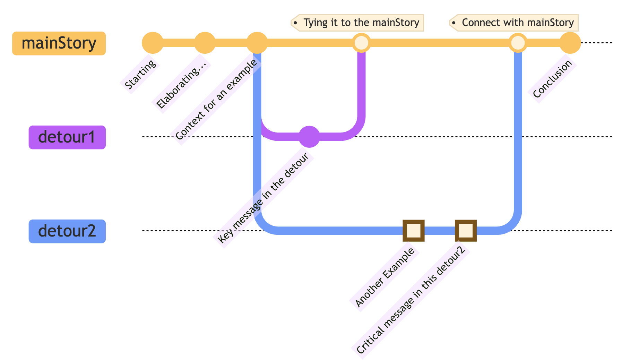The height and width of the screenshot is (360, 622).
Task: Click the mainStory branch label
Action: click(x=59, y=43)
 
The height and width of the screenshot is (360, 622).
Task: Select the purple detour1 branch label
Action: click(x=67, y=137)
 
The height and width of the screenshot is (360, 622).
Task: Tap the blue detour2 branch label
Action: click(x=67, y=231)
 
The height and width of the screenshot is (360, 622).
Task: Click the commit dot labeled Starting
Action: click(x=153, y=43)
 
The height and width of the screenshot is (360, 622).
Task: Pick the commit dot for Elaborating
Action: click(x=205, y=43)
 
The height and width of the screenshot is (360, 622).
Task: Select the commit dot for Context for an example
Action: click(x=257, y=43)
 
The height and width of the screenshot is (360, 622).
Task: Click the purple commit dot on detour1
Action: click(x=309, y=137)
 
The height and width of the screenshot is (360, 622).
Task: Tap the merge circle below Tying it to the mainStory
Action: click(x=361, y=43)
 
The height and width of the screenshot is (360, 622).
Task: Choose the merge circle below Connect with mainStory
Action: click(x=518, y=43)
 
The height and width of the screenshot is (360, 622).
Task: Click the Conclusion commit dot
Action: click(x=570, y=43)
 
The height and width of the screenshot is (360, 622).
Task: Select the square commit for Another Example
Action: click(x=414, y=230)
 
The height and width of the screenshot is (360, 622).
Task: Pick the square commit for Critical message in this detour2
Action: click(x=466, y=230)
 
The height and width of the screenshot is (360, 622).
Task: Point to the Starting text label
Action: click(x=140, y=74)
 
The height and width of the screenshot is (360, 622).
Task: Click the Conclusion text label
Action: click(x=552, y=79)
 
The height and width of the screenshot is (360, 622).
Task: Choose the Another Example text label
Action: click(x=385, y=277)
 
